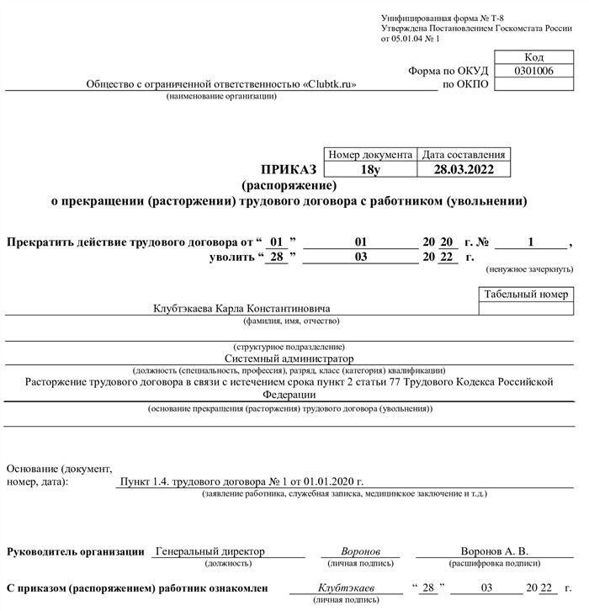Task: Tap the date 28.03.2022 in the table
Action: [464, 169]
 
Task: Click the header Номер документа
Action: [370, 155]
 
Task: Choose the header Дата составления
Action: [464, 155]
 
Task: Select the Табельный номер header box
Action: [527, 295]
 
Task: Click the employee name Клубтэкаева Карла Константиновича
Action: [241, 309]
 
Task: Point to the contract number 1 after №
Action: [531, 242]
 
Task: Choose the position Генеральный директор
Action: [210, 552]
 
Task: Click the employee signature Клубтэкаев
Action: [348, 588]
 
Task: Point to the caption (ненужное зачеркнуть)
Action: [528, 269]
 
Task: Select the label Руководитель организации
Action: [76, 552]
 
